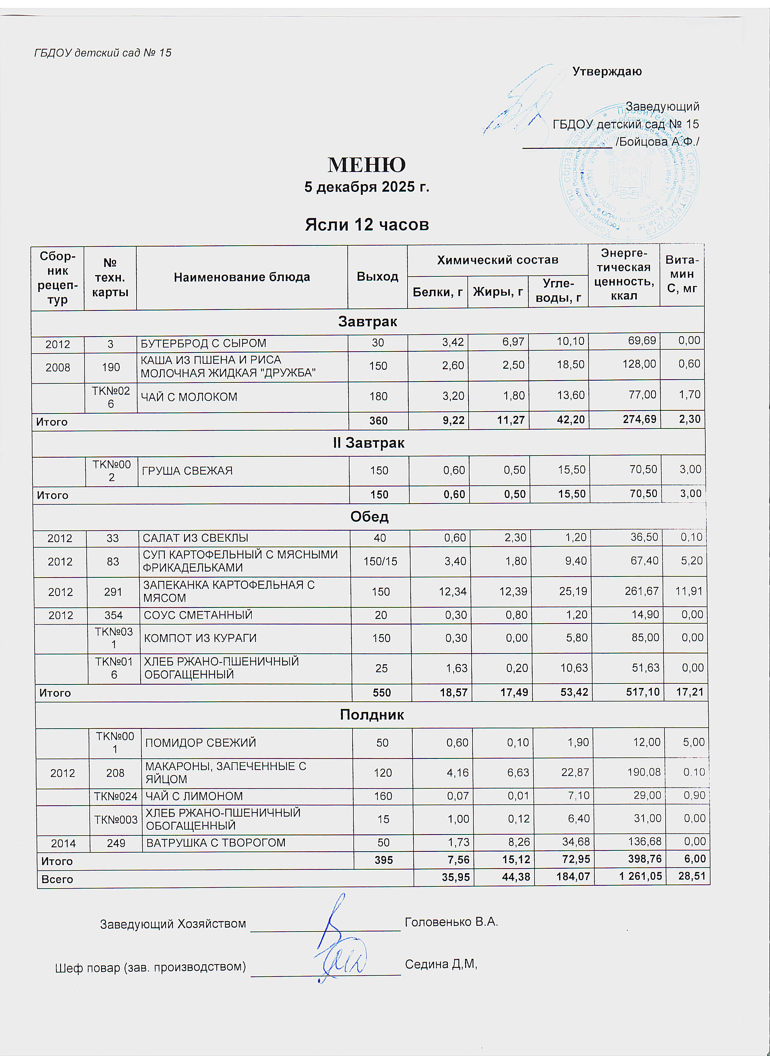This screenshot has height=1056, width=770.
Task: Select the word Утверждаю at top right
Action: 607,71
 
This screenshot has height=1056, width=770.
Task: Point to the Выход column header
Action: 377,277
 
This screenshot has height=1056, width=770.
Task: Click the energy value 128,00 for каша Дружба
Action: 639,364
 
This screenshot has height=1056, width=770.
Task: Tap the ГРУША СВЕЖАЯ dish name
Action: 187,471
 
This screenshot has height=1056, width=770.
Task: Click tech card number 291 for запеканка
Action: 113,591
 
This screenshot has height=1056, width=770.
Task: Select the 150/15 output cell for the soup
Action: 380,561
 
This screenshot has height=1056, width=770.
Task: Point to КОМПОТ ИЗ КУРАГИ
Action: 200,638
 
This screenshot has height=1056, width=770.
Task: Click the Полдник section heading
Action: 371,714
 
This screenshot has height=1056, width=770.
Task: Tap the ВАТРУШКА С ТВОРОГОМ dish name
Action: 216,843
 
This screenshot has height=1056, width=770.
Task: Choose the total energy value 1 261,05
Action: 640,876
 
